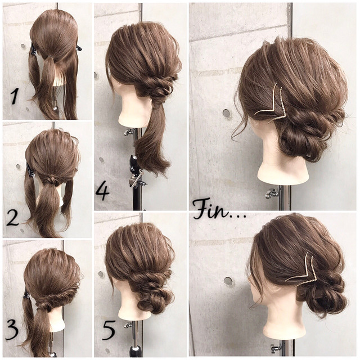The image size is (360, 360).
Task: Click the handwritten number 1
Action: coord(15,96)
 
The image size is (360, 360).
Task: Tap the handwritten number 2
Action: coord(12,218)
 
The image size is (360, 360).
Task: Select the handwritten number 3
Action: coord(11,330)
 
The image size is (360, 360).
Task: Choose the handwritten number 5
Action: coord(109,330)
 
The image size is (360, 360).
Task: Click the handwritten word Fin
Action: coord(212,209)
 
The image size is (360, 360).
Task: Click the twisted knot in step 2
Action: coord(52,179)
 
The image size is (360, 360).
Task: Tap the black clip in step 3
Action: coord(26,295)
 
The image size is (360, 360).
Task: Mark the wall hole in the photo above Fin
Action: coord(226,114)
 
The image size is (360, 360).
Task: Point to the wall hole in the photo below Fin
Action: coord(228,281)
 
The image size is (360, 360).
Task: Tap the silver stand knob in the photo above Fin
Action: coord(271,193)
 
